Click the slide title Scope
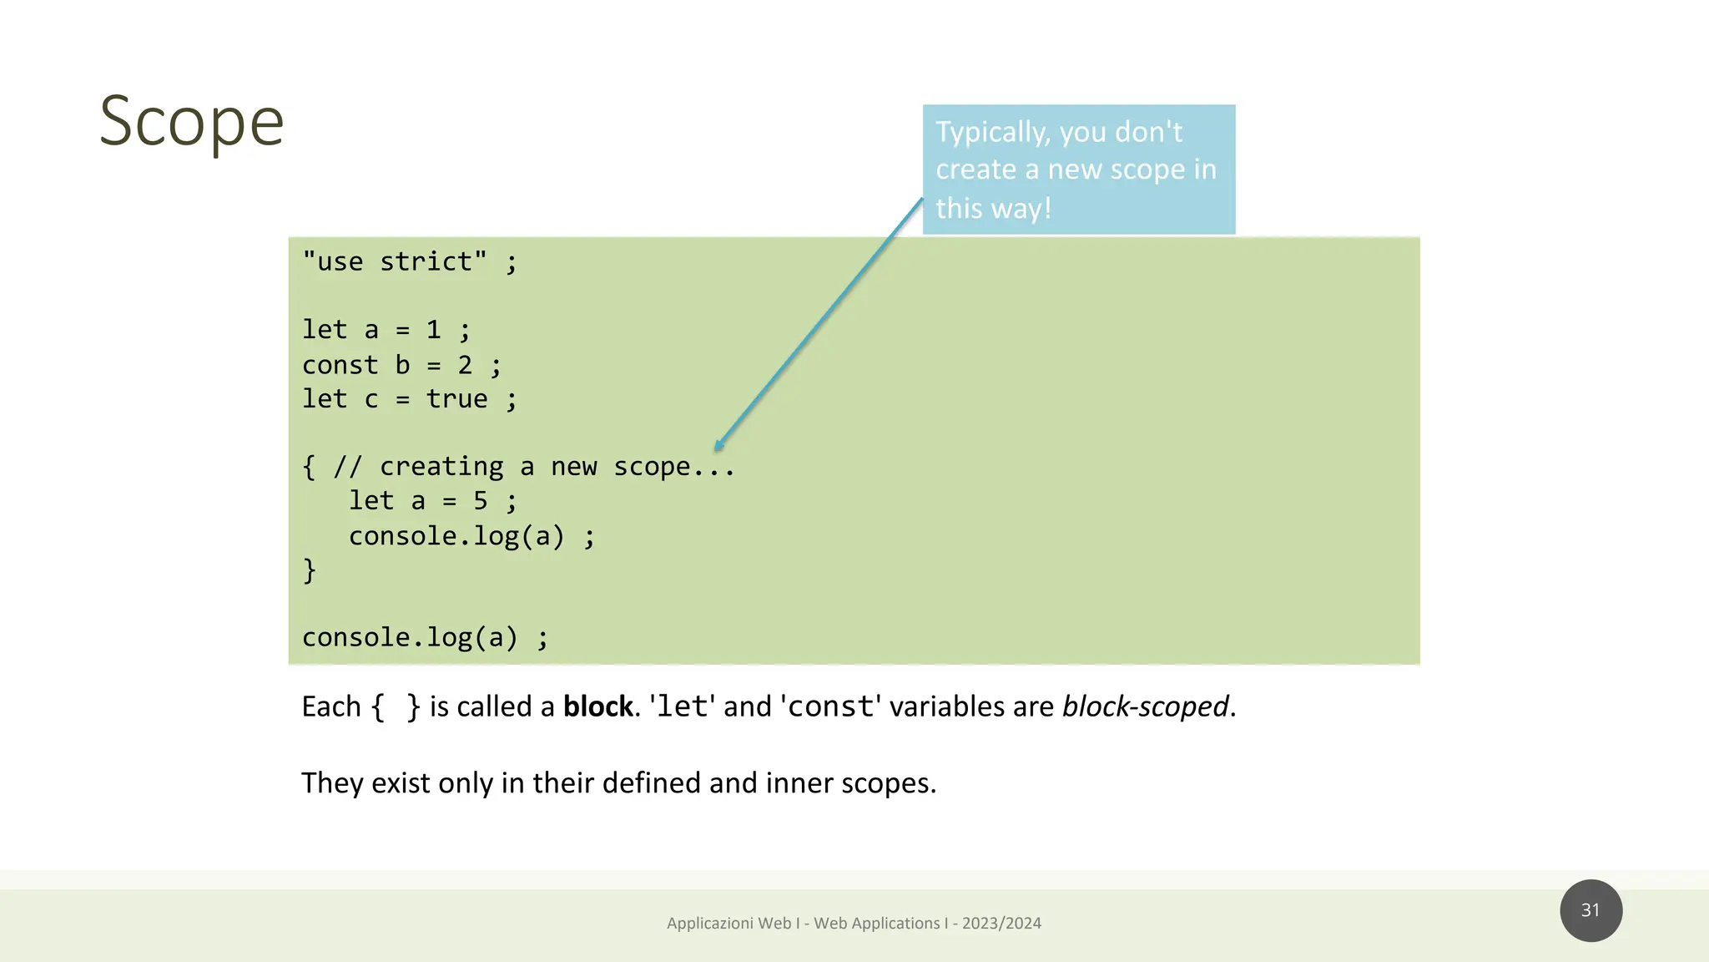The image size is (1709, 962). tap(191, 121)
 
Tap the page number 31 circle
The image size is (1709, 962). tap(1591, 910)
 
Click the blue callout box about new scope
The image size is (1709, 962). tap(1078, 170)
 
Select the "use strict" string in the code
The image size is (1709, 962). tap(394, 262)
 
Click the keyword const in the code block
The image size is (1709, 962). tap(340, 365)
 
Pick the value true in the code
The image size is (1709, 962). tap(456, 399)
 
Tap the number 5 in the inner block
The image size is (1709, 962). tap(480, 501)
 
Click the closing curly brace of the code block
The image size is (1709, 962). tap(310, 570)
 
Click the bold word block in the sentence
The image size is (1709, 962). tap(597, 706)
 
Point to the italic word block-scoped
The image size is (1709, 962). tap(1145, 706)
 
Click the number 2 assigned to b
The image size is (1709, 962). tap(465, 365)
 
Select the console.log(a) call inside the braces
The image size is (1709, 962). tap(456, 536)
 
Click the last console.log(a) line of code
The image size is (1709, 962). tap(410, 638)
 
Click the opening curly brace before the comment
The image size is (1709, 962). tap(310, 467)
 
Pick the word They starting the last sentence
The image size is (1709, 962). tap(332, 783)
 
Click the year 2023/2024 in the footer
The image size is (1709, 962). tap(1001, 923)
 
